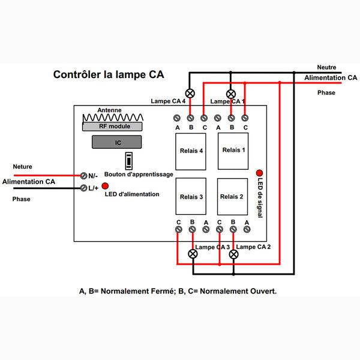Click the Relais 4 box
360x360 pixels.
[191, 151]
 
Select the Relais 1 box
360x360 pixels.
[233, 151]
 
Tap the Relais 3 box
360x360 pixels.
[191, 196]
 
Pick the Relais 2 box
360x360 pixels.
[233, 196]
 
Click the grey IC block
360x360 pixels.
[116, 143]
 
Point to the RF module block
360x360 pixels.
[114, 126]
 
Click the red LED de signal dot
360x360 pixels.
[259, 172]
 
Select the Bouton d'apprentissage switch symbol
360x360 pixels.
[128, 161]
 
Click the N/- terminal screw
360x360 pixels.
[84, 175]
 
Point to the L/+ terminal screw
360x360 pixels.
[84, 188]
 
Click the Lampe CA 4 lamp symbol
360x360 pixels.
[191, 93]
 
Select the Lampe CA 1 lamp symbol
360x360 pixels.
[231, 94]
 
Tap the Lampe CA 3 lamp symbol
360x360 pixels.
[193, 254]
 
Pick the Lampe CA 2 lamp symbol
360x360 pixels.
[234, 254]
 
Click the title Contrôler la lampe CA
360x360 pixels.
[109, 75]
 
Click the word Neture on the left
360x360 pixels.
[22, 166]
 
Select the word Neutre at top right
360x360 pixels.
[327, 67]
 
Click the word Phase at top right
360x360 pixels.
[326, 93]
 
